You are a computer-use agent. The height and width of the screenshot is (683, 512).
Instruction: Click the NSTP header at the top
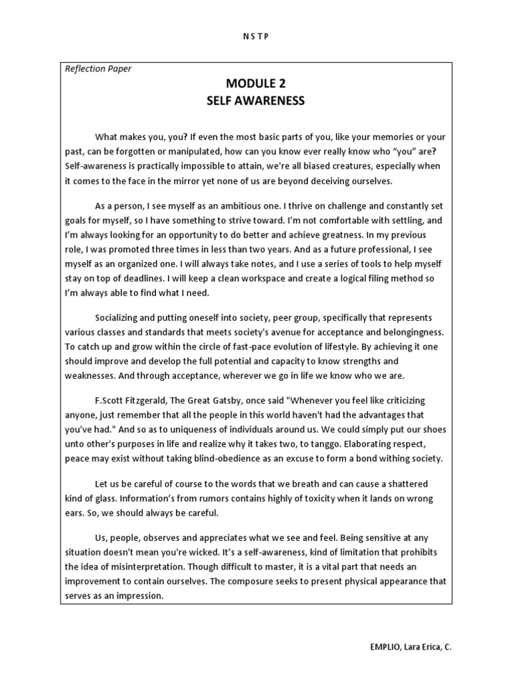click(x=255, y=37)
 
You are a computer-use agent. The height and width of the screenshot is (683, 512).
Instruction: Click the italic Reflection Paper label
click(x=99, y=69)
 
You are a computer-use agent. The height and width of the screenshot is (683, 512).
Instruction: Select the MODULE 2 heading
click(x=255, y=84)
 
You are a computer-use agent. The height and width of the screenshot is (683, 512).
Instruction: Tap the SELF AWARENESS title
click(x=255, y=101)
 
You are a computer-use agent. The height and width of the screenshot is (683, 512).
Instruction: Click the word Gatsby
click(x=229, y=400)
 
